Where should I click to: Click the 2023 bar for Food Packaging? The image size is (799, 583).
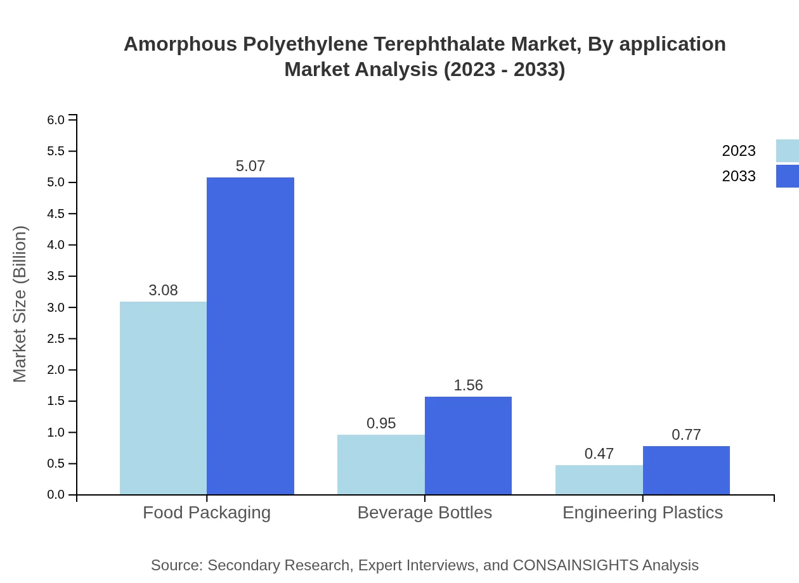point(163,398)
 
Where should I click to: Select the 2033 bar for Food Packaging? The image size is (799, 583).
point(250,336)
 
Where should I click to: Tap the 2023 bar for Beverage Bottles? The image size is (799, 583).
point(380,464)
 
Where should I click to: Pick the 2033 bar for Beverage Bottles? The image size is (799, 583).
point(468,445)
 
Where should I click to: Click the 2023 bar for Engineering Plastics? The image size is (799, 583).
point(599,480)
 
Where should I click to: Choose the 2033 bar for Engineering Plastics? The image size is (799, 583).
point(686,470)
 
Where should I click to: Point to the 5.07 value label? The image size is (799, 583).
point(250,166)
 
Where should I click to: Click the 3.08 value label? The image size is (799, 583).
point(163,290)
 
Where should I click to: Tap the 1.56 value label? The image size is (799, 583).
point(468,385)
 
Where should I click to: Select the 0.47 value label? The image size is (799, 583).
point(599,454)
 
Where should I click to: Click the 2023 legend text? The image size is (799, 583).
point(739,151)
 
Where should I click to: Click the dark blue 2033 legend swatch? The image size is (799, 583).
point(788,176)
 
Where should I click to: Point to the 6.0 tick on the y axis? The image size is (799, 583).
point(56,120)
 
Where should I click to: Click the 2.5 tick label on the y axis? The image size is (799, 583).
point(56,338)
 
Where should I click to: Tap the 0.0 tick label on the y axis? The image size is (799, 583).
point(56,495)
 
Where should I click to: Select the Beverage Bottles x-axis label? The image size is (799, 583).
point(424,512)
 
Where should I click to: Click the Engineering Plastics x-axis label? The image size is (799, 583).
point(642,512)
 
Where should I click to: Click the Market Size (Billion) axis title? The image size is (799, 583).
point(20,304)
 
